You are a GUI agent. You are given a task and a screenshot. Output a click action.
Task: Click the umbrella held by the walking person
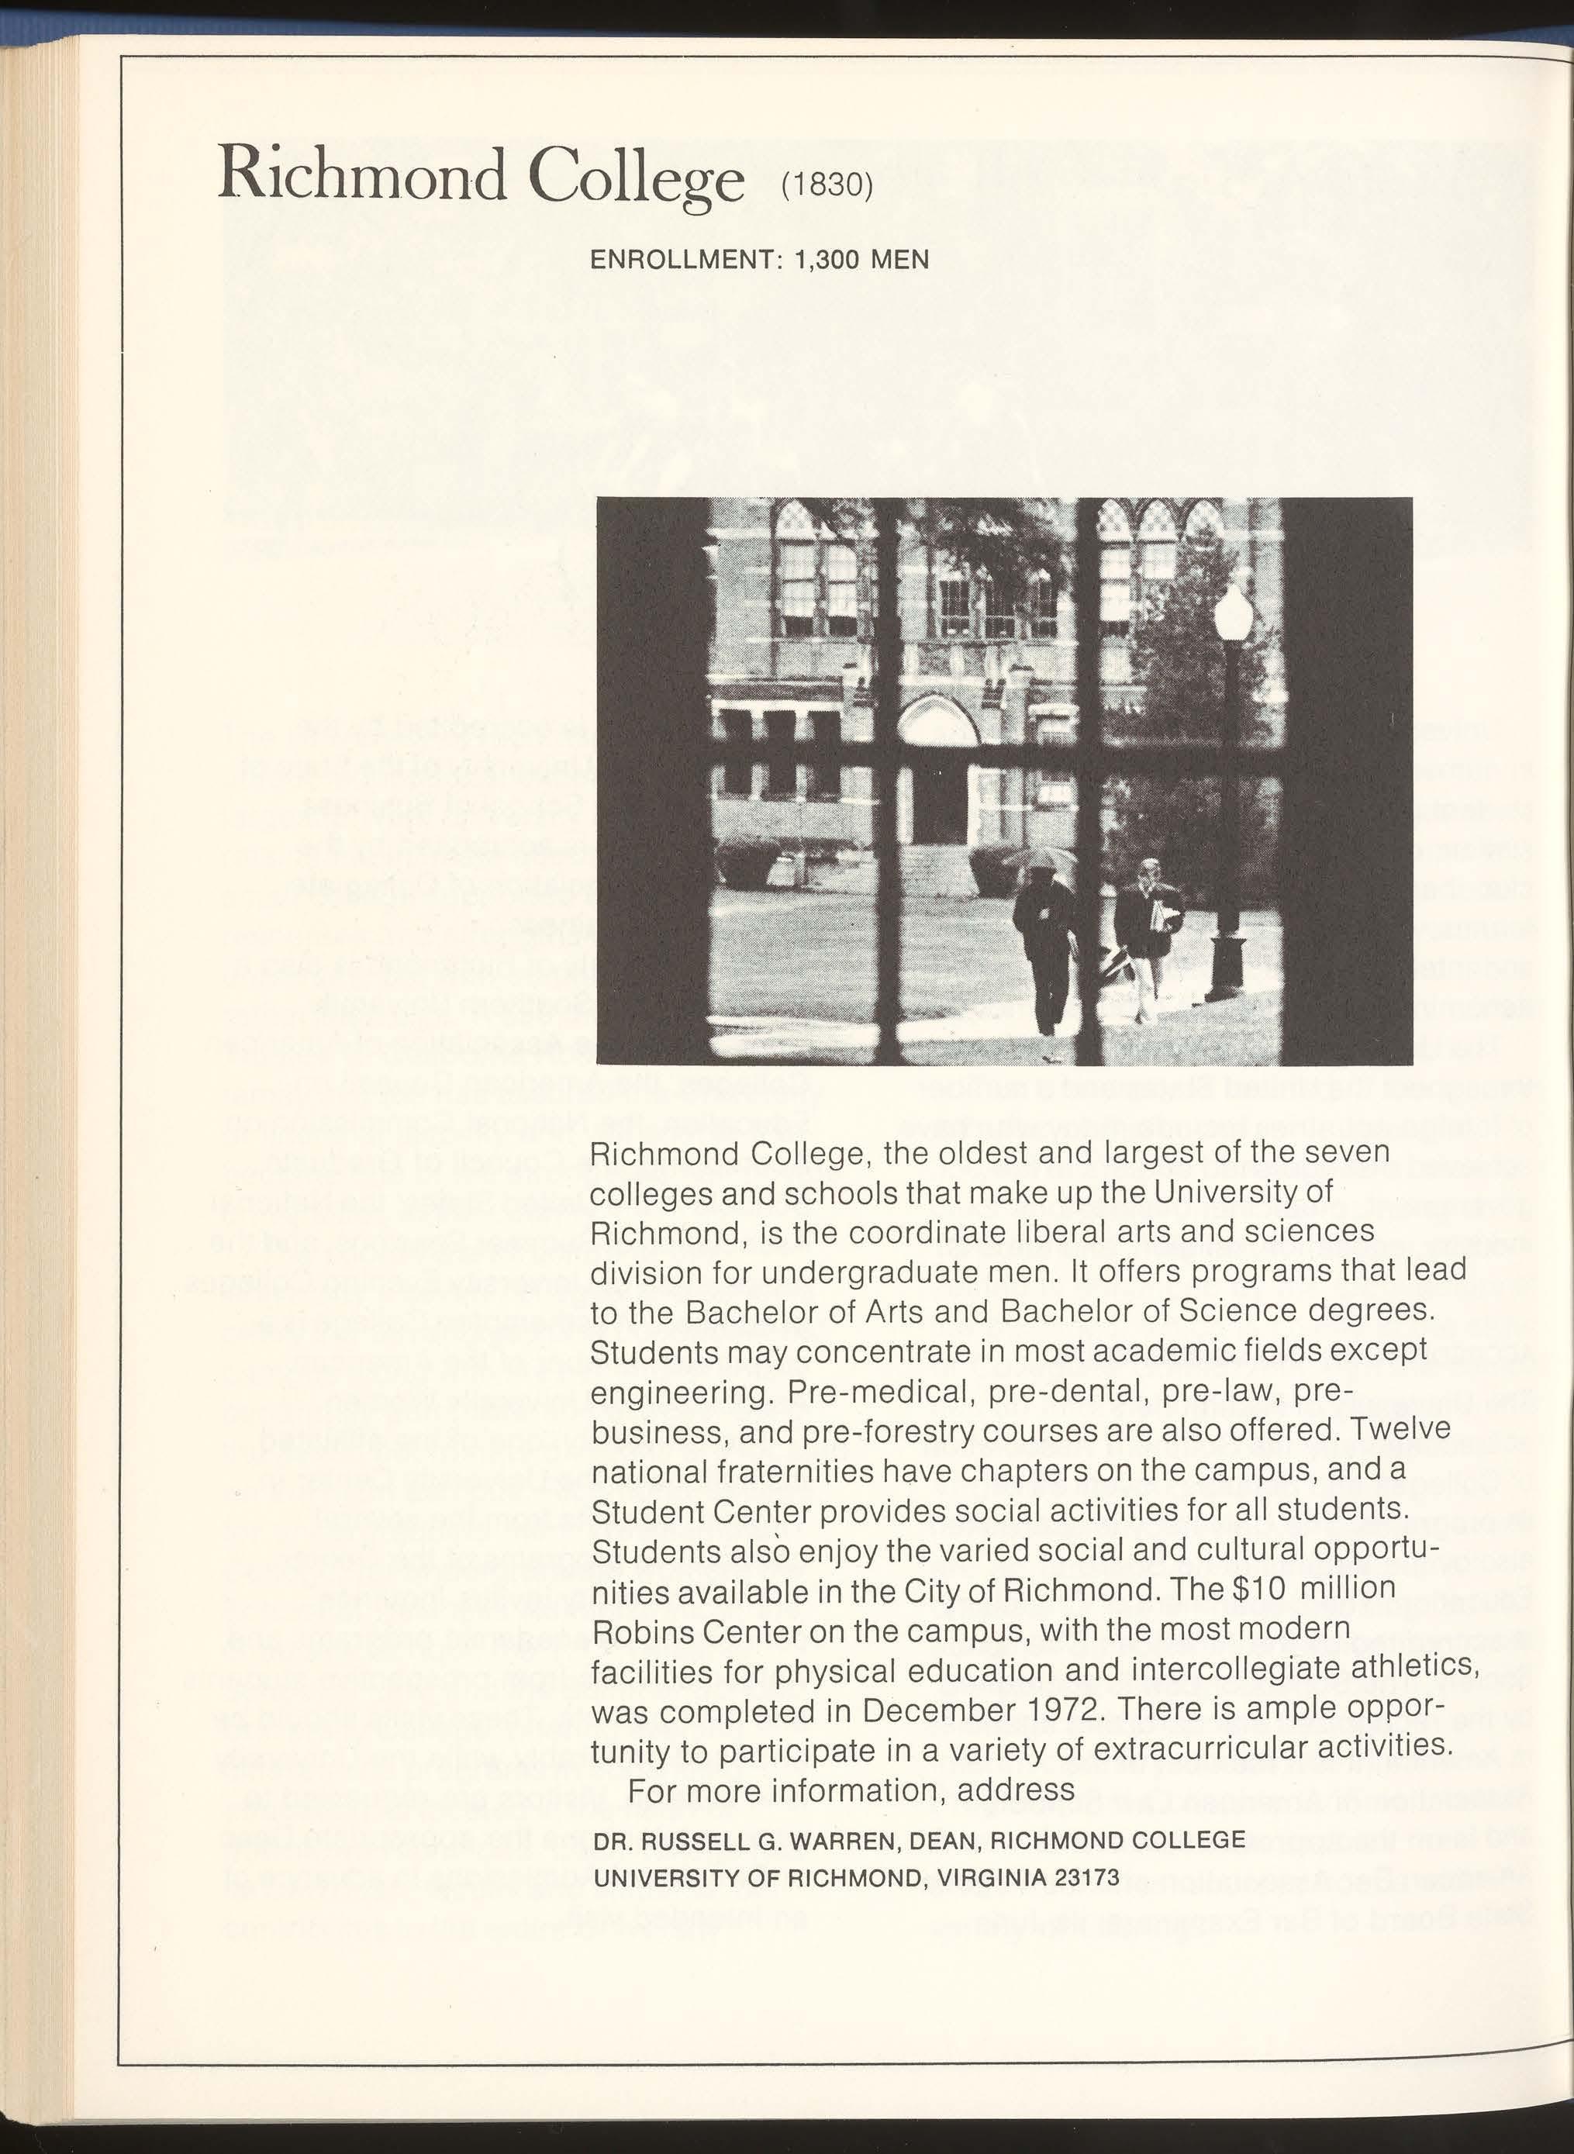click(1045, 858)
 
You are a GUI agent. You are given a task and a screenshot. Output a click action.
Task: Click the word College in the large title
click(637, 175)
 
